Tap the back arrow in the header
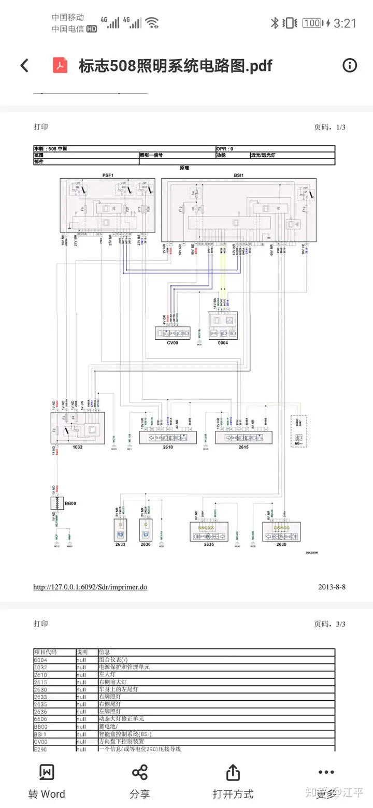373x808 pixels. tap(24, 66)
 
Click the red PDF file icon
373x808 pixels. tap(61, 66)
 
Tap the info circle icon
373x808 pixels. tap(350, 65)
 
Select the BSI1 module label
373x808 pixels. tap(238, 175)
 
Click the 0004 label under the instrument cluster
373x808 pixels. tap(222, 342)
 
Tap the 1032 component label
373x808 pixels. tap(77, 446)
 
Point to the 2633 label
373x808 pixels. tap(120, 544)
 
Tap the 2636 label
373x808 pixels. tap(145, 544)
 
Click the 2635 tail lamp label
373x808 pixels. tap(208, 544)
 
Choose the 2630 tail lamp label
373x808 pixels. tap(281, 544)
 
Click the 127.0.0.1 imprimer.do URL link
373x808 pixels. tap(90, 587)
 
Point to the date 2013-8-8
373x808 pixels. tap(332, 587)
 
